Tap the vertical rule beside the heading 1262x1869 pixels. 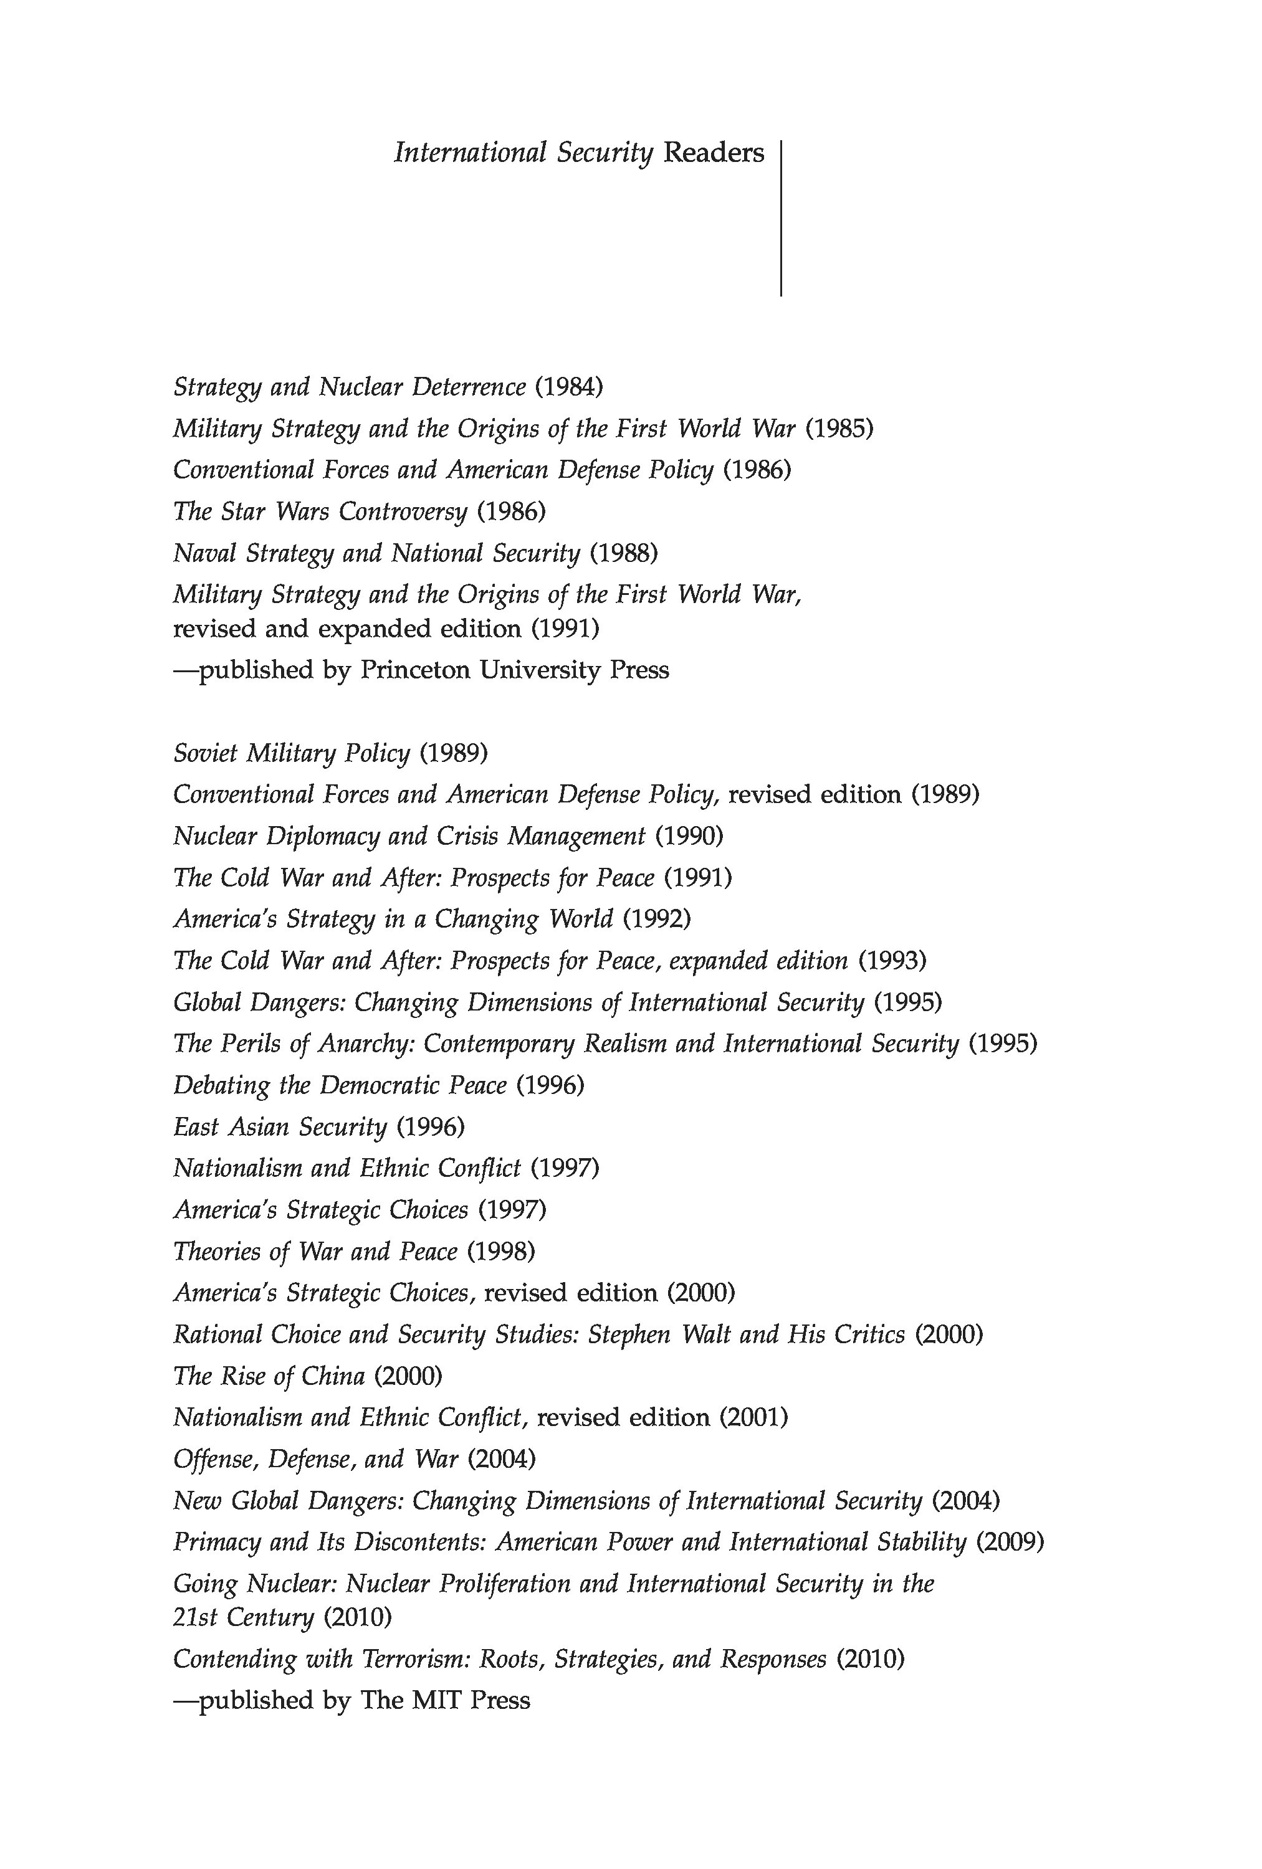(780, 218)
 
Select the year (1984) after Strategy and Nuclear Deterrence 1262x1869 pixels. (568, 387)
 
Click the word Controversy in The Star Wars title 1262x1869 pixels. (402, 511)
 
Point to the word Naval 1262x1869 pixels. (204, 553)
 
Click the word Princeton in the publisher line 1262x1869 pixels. (414, 670)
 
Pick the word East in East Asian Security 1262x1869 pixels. (196, 1127)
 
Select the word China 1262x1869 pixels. (332, 1376)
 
